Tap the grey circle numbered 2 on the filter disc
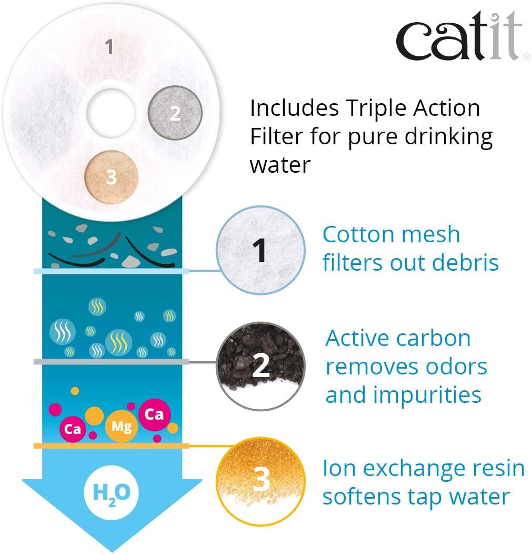175,113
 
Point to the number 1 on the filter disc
109,47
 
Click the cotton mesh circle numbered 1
260,250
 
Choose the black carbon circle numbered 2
260,366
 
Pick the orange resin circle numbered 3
260,481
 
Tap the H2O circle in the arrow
112,492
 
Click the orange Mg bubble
122,426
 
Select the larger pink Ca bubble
154,414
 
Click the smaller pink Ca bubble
73,429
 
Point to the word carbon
434,338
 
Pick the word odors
456,367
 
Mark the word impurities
427,395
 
